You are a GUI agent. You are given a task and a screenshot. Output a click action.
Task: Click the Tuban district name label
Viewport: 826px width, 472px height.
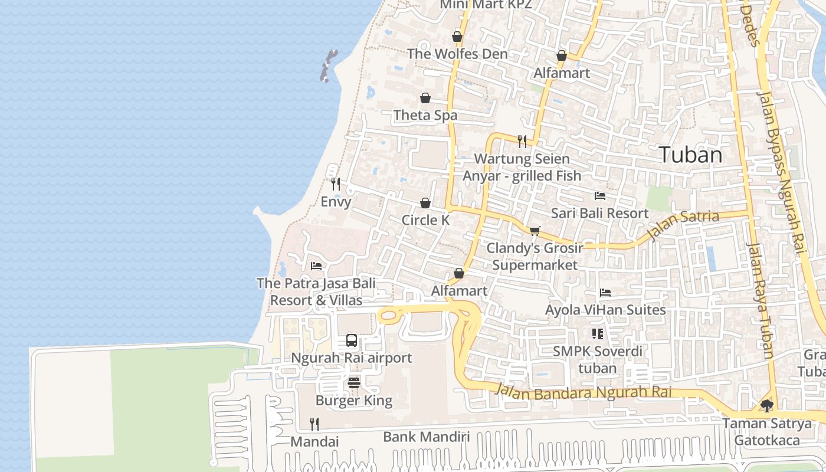coord(690,155)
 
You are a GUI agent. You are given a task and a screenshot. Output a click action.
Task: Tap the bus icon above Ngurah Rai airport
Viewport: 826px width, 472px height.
coord(352,340)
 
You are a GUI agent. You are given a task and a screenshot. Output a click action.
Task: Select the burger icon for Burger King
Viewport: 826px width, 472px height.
coord(354,383)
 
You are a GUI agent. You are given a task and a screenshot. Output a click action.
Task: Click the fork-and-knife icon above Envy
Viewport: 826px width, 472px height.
coord(336,184)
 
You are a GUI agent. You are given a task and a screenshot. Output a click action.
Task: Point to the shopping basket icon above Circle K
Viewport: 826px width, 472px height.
coord(425,204)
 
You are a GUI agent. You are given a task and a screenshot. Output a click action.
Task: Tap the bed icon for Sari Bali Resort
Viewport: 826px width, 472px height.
coord(600,196)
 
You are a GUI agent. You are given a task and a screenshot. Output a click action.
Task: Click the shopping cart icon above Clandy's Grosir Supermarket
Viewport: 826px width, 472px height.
coord(535,231)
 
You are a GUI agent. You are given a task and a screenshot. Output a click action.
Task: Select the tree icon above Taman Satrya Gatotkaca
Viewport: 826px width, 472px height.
coord(766,406)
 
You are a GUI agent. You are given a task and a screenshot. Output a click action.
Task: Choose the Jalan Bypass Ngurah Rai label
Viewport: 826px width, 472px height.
coord(781,171)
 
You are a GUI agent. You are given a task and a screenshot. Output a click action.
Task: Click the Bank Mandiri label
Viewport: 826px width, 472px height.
coord(427,437)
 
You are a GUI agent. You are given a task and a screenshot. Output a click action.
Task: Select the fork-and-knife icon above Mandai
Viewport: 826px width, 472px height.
coord(314,424)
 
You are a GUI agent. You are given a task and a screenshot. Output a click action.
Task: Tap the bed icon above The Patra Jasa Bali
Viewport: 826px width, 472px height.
coord(316,266)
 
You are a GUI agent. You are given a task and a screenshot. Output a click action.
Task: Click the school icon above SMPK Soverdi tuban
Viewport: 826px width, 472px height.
coord(598,334)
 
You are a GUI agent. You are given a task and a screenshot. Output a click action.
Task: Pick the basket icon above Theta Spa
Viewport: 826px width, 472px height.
coord(425,98)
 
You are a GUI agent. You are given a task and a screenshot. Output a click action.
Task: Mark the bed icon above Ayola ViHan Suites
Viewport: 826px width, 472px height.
coord(605,293)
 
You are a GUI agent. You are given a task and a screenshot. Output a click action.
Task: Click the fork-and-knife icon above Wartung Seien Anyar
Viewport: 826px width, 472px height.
coord(522,141)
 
